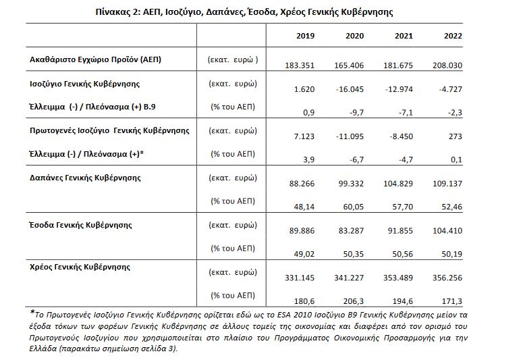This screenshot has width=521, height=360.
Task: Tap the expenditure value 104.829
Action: coord(400,183)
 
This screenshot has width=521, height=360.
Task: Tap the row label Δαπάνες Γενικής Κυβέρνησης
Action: coord(85,178)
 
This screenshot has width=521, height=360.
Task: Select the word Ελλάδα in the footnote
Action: coord(44,349)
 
